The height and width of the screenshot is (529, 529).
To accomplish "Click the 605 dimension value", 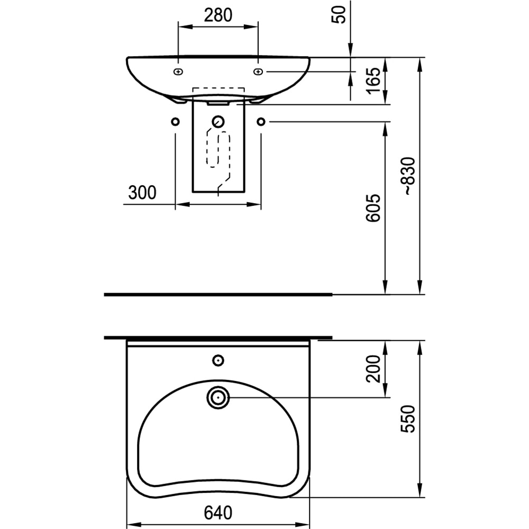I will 373,207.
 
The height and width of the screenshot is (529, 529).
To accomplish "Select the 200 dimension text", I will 373,369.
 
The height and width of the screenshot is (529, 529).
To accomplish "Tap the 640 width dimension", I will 218,512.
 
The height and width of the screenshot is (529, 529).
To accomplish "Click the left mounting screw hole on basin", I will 178,71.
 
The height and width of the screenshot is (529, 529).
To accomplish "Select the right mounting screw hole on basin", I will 258,71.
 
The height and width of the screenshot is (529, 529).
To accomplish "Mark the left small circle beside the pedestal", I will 175,122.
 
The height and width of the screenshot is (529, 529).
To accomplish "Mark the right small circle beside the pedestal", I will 261,122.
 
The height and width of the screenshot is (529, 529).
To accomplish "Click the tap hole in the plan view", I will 218,361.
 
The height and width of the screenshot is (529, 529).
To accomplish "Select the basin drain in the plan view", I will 218,397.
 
